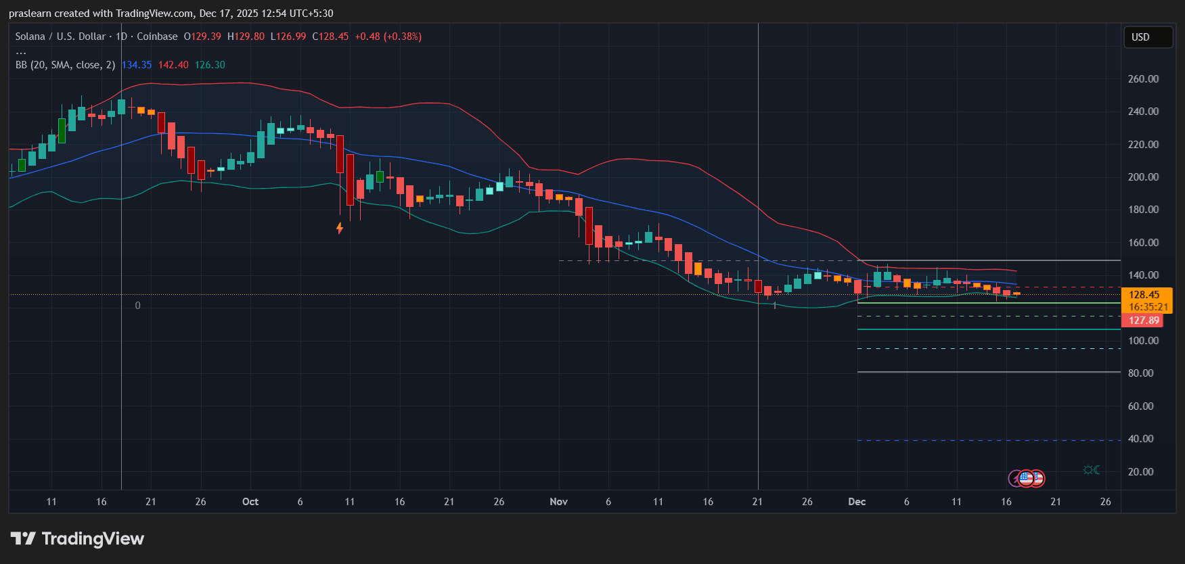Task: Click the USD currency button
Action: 1147,37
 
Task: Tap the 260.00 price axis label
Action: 1143,79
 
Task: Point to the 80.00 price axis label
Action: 1140,373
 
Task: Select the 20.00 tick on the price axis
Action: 1140,472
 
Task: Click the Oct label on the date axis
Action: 250,502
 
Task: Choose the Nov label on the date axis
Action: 558,502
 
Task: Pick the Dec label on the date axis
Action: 857,502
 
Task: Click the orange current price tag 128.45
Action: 1146,295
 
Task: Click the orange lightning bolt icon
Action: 340,228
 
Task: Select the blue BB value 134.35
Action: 137,65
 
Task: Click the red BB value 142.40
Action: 173,65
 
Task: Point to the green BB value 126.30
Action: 210,65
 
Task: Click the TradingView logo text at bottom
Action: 78,539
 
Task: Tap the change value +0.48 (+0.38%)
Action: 388,37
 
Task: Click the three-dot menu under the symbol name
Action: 21,51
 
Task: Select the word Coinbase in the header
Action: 157,37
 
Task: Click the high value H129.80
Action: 246,37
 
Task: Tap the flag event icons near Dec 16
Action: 1027,479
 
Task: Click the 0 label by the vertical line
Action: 138,306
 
